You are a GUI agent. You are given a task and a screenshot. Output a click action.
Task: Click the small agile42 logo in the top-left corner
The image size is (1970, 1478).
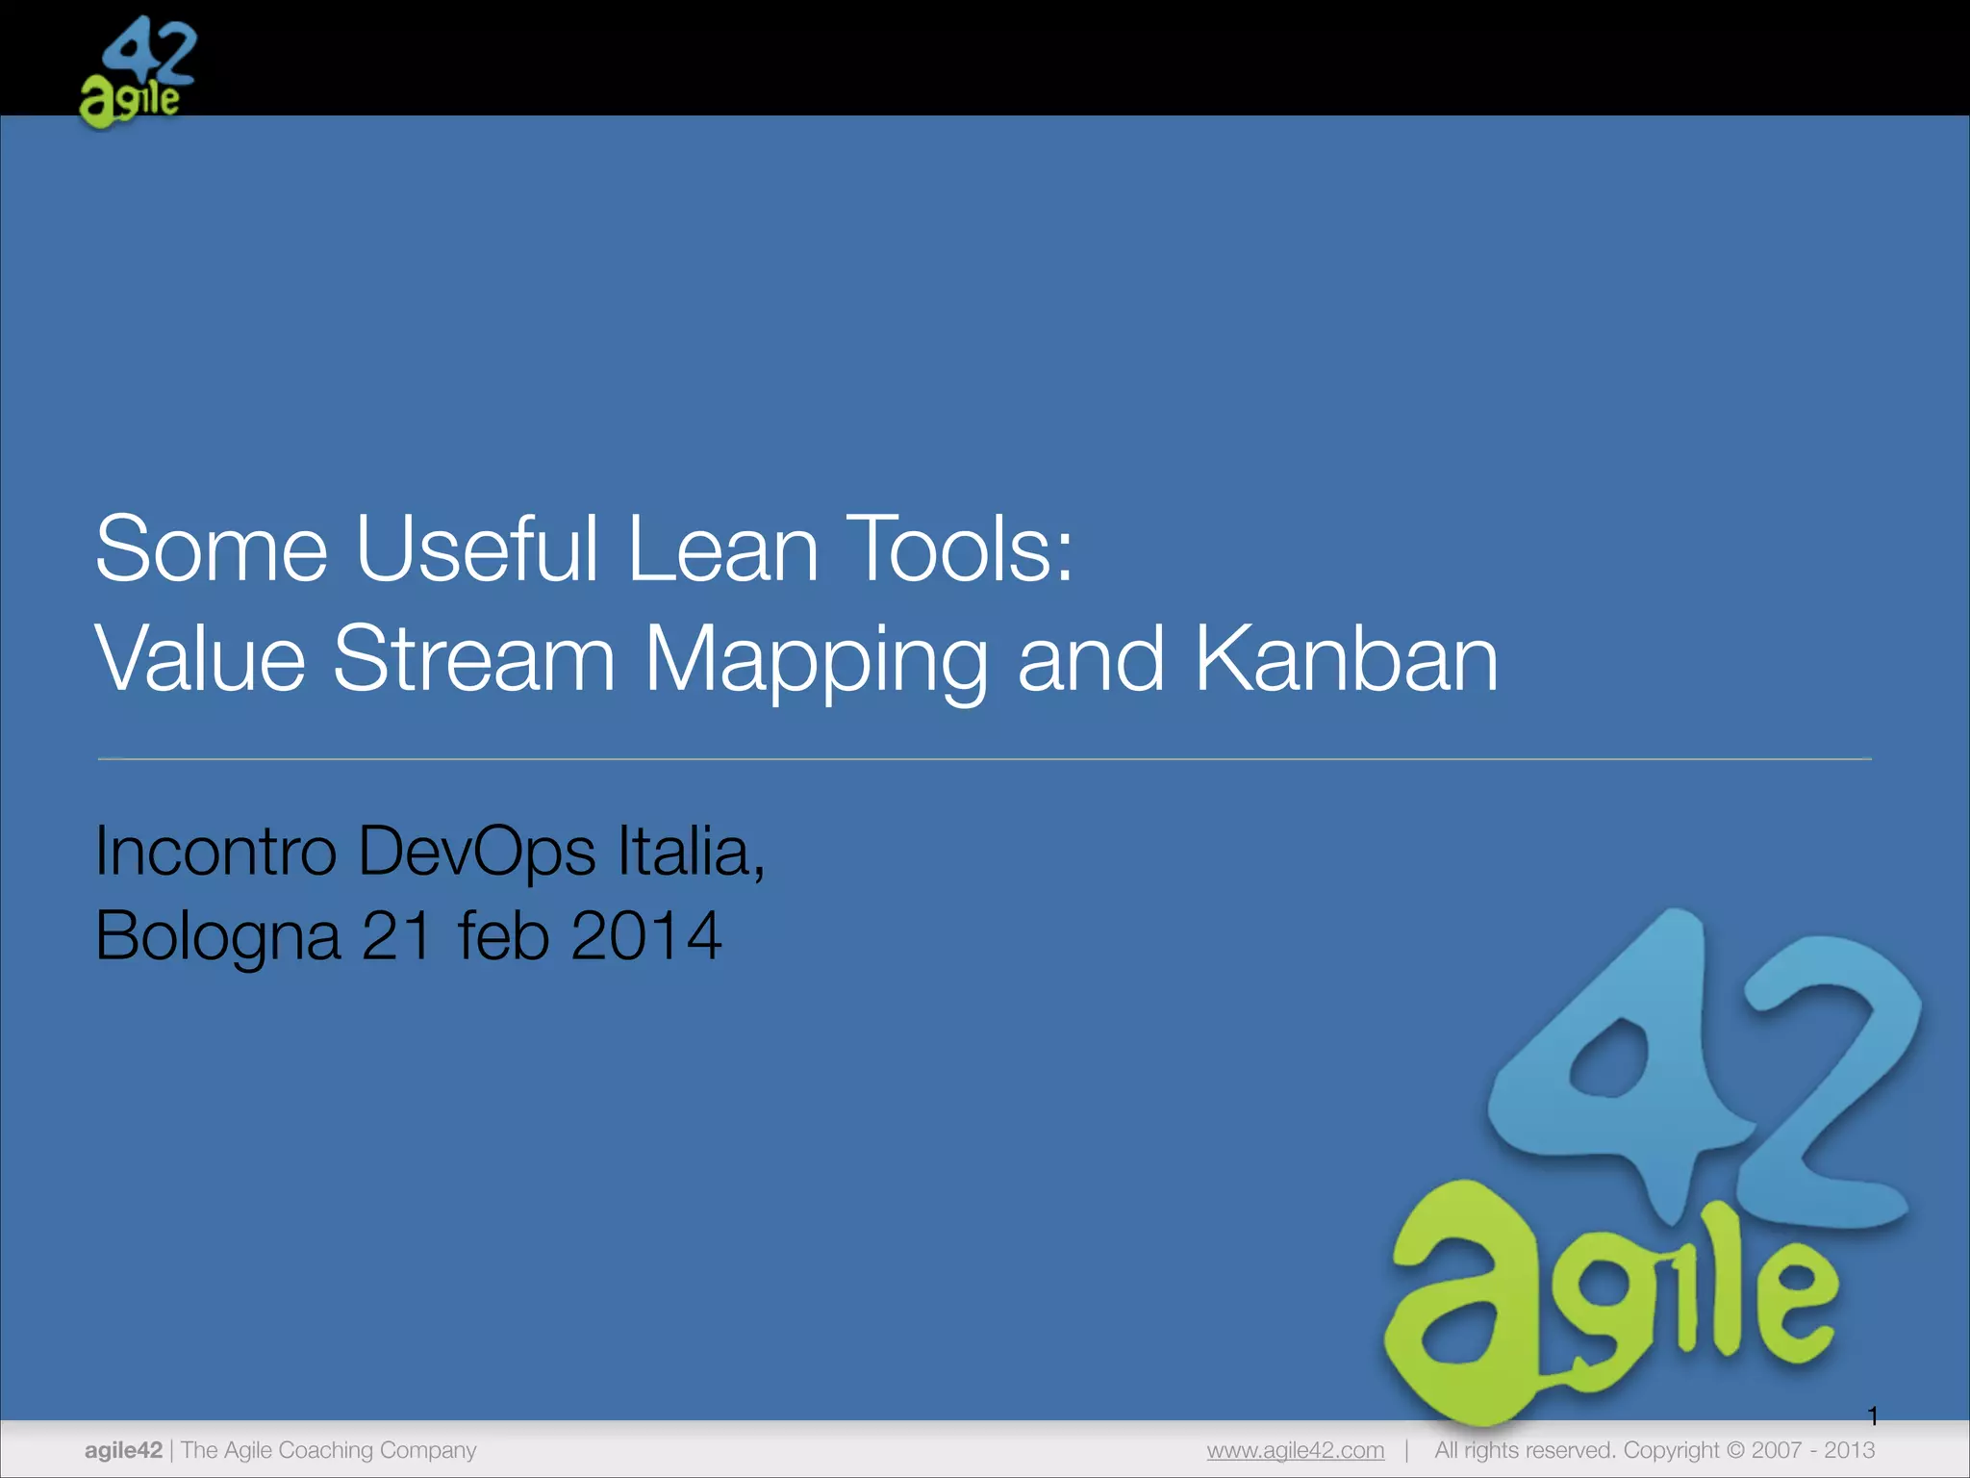point(138,72)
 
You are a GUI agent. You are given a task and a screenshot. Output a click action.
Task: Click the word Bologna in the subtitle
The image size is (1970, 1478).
point(217,935)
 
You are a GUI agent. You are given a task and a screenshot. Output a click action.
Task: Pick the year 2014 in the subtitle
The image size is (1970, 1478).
point(645,935)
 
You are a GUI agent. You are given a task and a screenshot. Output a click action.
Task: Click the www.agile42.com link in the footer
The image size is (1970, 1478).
point(1295,1450)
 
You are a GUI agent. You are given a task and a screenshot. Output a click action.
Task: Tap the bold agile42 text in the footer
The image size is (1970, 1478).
point(123,1450)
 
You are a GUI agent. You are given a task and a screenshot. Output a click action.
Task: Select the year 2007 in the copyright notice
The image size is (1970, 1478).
point(1777,1450)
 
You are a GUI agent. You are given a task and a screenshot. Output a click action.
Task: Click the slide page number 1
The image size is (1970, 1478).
point(1872,1415)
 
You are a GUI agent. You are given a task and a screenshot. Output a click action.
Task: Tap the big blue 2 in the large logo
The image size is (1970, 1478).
point(1828,1087)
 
